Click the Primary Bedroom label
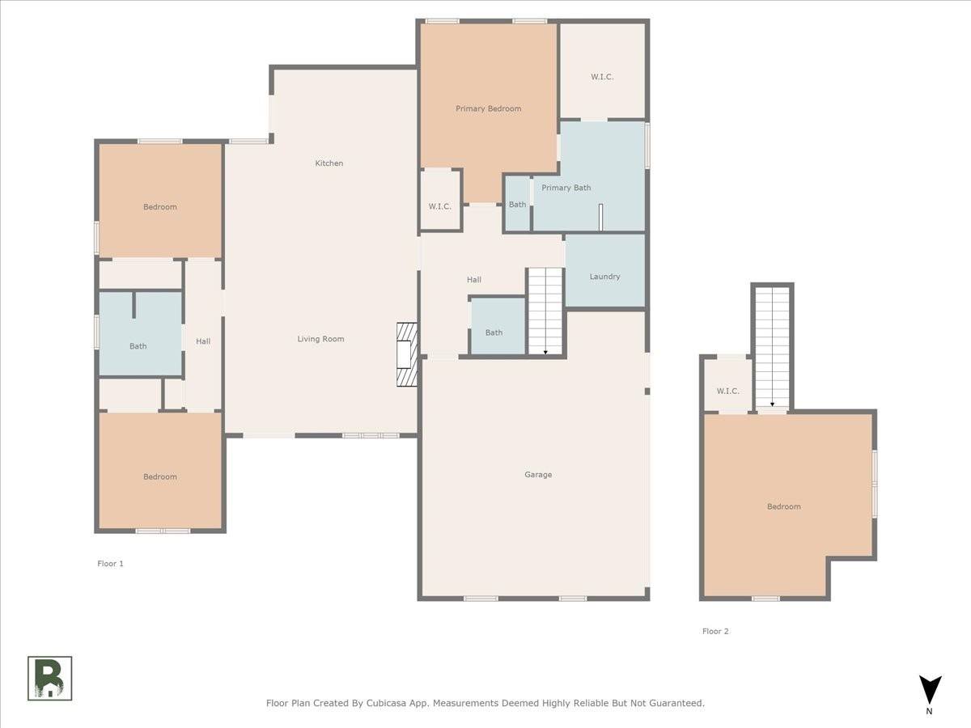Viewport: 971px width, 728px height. (x=488, y=108)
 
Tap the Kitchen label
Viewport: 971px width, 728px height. (x=329, y=163)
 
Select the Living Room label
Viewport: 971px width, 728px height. (x=320, y=339)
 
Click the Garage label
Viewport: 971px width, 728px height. (x=537, y=475)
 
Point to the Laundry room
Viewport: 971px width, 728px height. (x=604, y=277)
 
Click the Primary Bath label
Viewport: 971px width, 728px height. (x=566, y=188)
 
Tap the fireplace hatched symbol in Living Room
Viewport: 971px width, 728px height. (x=406, y=354)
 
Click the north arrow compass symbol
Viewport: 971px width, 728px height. (x=930, y=690)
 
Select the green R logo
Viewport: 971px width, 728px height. (x=50, y=678)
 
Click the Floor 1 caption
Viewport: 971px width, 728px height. (x=110, y=564)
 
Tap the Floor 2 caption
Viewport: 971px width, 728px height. (x=715, y=632)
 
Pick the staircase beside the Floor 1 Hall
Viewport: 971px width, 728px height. (x=545, y=311)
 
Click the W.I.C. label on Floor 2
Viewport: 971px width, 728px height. (x=727, y=392)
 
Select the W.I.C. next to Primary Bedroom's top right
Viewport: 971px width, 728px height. (x=602, y=77)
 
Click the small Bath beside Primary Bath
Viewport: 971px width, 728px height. (x=517, y=205)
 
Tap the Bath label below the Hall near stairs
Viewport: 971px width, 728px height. (x=494, y=332)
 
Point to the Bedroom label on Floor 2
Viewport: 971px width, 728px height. (x=783, y=506)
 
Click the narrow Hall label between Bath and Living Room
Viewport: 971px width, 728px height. (x=203, y=341)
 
